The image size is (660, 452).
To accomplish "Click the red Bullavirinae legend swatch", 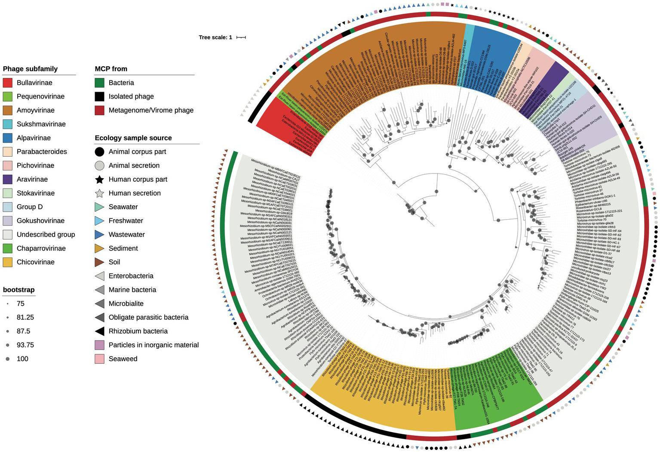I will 7,83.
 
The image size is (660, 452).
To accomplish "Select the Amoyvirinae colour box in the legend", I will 7,110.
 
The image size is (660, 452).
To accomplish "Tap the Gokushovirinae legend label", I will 40,221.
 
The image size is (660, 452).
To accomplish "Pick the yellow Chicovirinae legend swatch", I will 7,262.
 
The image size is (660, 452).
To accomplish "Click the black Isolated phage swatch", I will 99,96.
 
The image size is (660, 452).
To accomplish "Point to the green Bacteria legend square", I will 99,83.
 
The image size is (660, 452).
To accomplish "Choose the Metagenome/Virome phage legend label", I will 151,110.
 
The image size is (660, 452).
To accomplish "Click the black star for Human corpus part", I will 99,180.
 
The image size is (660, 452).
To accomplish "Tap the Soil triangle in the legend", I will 99,262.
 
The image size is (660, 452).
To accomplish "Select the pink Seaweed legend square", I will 99,359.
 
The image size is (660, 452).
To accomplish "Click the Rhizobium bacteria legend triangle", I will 99,331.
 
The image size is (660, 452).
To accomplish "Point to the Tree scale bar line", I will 241,37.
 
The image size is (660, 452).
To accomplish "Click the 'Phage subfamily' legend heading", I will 30,69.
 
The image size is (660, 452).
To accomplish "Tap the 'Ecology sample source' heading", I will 133,138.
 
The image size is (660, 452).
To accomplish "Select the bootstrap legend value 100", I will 22,359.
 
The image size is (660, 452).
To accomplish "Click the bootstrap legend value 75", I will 20,303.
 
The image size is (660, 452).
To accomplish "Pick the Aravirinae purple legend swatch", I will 7,180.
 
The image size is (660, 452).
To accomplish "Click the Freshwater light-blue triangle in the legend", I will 99,221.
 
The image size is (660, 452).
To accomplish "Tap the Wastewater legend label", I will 126,235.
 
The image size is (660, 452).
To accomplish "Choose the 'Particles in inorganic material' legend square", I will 99,345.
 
